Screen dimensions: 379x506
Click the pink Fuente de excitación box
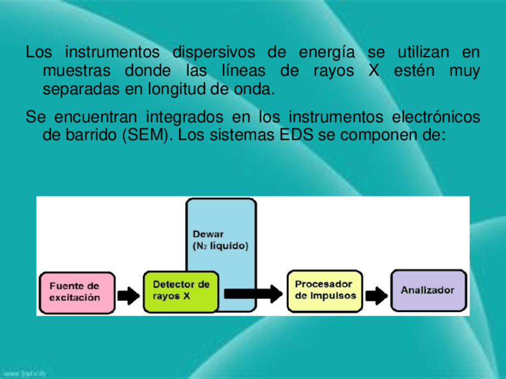(x=76, y=292)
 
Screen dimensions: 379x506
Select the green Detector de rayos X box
(x=181, y=291)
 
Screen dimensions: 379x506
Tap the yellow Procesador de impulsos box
(x=325, y=291)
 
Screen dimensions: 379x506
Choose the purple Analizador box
(x=428, y=291)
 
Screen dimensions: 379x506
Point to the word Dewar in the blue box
(x=208, y=234)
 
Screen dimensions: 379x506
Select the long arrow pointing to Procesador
(x=251, y=293)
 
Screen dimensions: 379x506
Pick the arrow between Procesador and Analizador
(x=375, y=294)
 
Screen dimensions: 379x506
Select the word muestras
(x=76, y=71)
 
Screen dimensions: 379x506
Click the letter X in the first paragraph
(x=374, y=71)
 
